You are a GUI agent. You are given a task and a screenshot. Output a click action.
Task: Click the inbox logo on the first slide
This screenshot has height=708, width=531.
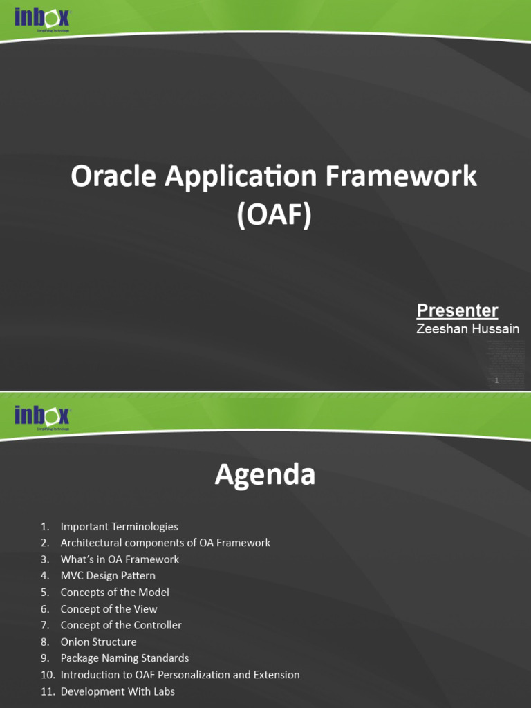pos(41,20)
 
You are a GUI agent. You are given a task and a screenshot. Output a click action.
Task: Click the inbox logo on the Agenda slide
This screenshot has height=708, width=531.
pos(41,416)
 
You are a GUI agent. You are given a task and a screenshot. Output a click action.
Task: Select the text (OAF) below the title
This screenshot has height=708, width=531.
pos(274,215)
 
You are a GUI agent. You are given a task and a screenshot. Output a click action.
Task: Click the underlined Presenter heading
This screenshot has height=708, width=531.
pos(457,310)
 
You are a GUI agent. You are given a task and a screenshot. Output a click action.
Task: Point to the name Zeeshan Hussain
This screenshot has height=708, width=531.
pos(467,329)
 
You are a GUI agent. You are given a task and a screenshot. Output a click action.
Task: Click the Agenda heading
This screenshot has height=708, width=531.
pos(265,475)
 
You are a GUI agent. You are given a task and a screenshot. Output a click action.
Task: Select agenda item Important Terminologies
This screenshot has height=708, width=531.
pos(119,526)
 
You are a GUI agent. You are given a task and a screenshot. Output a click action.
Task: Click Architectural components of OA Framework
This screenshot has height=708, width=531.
pos(165,543)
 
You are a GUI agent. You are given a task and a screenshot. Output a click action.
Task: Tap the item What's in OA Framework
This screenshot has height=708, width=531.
pos(120,559)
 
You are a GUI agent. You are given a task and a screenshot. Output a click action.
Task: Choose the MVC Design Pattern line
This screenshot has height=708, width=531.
pos(108,575)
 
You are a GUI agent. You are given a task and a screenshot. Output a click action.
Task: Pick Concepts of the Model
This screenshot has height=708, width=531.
pos(115,592)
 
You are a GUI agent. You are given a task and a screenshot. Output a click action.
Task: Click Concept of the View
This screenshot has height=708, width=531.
pos(109,608)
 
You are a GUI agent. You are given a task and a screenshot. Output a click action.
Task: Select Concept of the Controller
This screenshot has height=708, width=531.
pos(121,625)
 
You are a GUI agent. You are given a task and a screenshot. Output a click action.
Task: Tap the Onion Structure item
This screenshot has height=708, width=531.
pos(98,642)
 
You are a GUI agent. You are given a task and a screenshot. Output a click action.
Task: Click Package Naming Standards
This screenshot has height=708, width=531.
pos(124,658)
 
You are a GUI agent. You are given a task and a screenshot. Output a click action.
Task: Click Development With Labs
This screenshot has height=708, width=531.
pos(118,691)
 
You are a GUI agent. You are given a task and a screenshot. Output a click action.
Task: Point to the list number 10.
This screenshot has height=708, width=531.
pos(47,675)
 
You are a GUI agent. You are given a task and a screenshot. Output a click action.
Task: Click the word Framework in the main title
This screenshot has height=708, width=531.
pos(400,177)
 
